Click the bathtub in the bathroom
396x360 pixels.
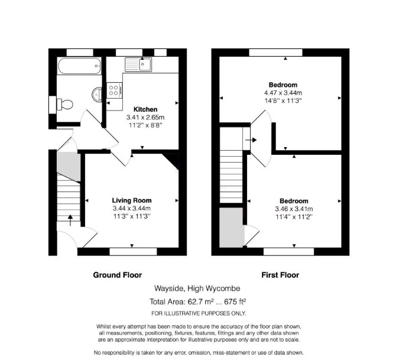tap(79, 66)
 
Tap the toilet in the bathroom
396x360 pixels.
tap(65, 105)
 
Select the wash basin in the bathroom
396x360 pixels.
tap(97, 94)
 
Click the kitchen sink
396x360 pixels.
tap(138, 64)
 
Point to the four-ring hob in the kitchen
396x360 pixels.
tap(115, 90)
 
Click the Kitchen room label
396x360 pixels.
tap(145, 109)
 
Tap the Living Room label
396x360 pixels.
tap(132, 200)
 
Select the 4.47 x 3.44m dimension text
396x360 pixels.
tap(283, 93)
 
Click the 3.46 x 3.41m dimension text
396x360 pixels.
tap(294, 209)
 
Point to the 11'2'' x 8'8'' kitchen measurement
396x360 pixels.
tap(145, 125)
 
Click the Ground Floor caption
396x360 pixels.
tap(118, 275)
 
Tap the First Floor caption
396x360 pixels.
tap(280, 275)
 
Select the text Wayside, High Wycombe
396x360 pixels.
tap(197, 288)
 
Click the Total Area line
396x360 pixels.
tap(198, 301)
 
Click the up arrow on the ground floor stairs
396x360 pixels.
tap(70, 220)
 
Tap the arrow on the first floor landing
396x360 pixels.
tap(252, 140)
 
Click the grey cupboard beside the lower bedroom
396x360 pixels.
tap(232, 228)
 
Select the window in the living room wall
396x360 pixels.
tap(134, 252)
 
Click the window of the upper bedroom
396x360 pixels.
tap(275, 53)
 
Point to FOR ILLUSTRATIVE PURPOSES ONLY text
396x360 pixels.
tap(199, 313)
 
